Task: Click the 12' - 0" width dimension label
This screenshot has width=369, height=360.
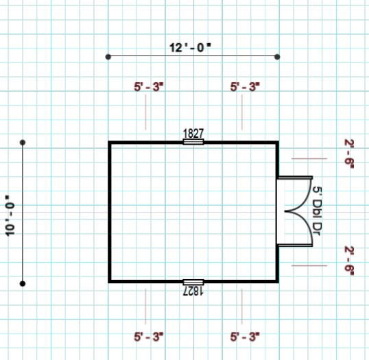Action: coord(190,48)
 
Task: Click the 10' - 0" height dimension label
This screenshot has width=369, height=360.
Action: coord(10,215)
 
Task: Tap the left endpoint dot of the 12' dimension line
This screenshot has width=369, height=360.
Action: coord(108,57)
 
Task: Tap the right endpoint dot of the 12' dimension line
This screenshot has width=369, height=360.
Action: coord(277,57)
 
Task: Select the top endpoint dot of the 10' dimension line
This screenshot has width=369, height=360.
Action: coord(23,143)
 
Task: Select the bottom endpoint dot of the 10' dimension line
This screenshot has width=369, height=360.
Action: coord(23,283)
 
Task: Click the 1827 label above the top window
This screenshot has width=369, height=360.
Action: coord(193,134)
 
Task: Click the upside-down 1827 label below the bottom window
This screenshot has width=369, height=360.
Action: coord(193,291)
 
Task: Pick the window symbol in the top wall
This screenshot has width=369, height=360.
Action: coord(193,142)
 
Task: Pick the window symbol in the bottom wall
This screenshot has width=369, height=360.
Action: coord(193,282)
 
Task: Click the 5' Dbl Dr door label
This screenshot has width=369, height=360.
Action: coord(318,211)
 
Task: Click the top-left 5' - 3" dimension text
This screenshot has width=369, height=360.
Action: coord(149,86)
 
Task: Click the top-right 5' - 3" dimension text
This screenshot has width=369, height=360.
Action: coord(245,86)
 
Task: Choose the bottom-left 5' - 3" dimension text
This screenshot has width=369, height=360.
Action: coord(149,337)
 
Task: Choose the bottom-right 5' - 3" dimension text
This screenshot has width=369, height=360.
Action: coord(245,337)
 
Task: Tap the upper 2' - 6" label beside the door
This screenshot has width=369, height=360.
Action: coord(349,154)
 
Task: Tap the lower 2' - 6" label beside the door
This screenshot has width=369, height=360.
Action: coord(349,261)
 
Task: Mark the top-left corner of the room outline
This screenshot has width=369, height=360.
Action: coord(110,142)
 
